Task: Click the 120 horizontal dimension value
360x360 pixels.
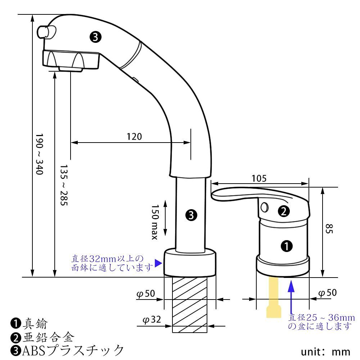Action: pyautogui.click(x=134, y=136)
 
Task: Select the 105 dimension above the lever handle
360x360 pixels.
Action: pyautogui.click(x=259, y=178)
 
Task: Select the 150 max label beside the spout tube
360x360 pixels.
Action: pyautogui.click(x=155, y=222)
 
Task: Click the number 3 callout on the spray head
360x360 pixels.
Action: pyautogui.click(x=95, y=36)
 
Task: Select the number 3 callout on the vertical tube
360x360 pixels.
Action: pyautogui.click(x=191, y=215)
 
